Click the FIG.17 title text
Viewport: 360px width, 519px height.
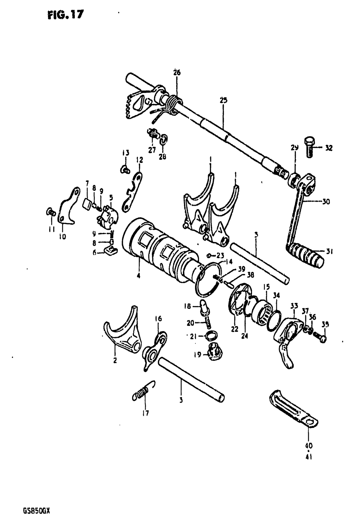click(65, 15)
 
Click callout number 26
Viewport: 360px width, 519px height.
click(177, 72)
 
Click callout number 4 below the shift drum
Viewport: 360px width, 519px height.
click(139, 276)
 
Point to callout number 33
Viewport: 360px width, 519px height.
click(294, 306)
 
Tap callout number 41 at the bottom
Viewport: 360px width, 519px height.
click(309, 457)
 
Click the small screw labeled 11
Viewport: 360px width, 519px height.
click(50, 212)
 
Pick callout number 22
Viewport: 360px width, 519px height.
click(235, 328)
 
